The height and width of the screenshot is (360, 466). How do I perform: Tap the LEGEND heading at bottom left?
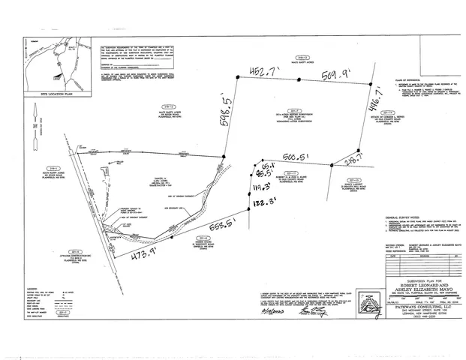[32, 288]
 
